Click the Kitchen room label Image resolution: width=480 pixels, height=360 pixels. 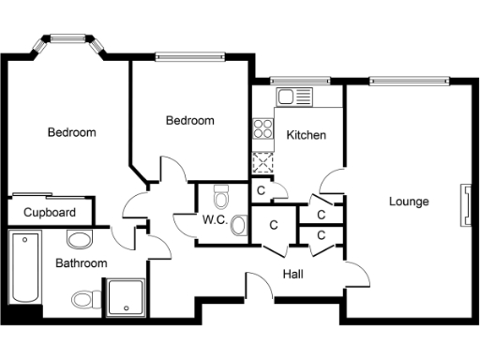point(306,135)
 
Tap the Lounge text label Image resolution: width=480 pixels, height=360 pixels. point(409,202)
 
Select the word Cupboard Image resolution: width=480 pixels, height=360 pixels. point(49,212)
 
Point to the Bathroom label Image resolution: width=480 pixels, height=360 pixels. point(81,263)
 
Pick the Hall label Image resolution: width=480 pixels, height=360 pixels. point(292,274)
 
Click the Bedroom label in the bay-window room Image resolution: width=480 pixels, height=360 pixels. point(71,132)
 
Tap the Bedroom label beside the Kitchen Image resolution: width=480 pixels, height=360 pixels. point(189,120)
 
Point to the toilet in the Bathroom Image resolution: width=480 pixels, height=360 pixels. point(86,299)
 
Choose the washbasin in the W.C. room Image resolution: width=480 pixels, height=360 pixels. point(238,225)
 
